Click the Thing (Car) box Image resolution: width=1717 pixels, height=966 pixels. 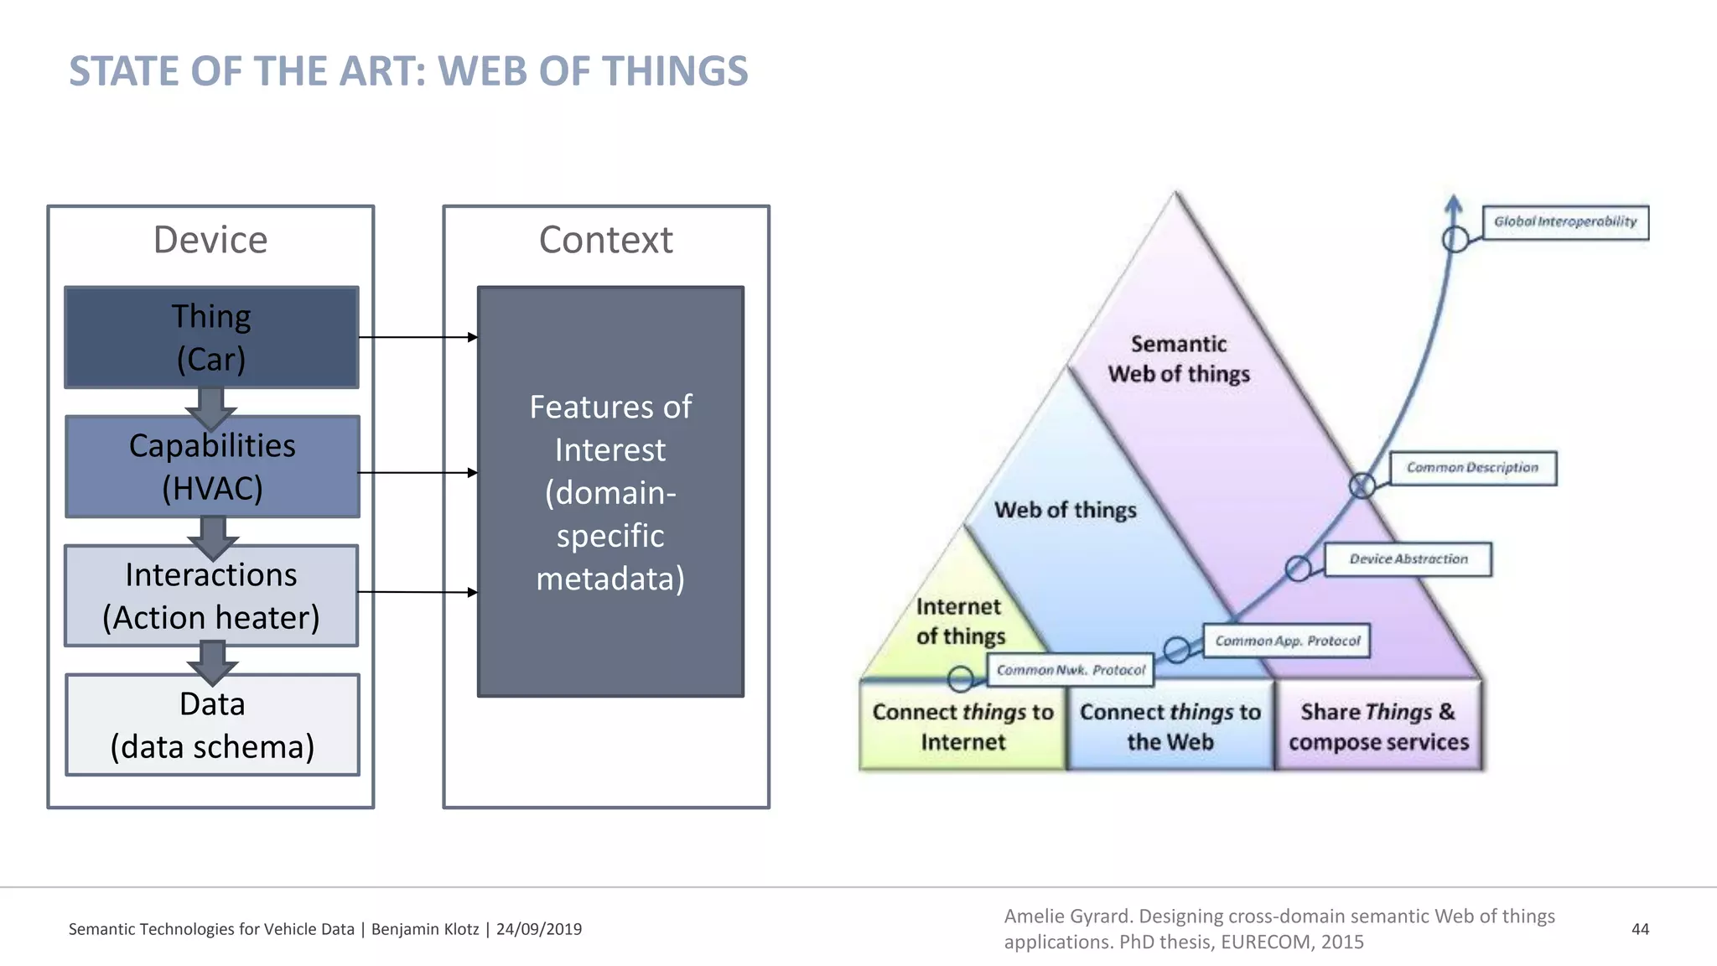[x=211, y=337]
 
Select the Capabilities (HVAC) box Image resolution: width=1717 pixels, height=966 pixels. [x=212, y=466]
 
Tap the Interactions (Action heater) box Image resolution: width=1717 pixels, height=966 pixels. [x=211, y=595]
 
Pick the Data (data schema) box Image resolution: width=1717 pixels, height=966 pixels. [x=212, y=724]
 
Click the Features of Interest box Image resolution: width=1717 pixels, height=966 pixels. [x=610, y=491]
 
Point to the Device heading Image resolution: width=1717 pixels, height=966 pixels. [x=210, y=240]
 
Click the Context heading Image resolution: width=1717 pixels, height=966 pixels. [x=605, y=240]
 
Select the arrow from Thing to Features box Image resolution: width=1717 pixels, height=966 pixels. [x=418, y=337]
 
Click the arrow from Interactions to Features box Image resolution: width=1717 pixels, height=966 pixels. [x=418, y=592]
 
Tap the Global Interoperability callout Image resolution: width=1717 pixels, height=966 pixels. [x=1564, y=222]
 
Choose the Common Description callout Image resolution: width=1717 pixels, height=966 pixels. [x=1472, y=468]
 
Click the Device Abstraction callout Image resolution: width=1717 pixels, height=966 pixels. [x=1408, y=559]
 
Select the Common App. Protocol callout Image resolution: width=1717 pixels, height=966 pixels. [x=1287, y=641]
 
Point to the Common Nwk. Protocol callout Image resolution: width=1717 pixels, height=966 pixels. [x=1071, y=670]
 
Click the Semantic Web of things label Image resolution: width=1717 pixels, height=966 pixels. [x=1179, y=359]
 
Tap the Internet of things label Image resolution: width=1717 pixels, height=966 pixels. [x=960, y=621]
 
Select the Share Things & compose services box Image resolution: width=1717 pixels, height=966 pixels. [x=1378, y=726]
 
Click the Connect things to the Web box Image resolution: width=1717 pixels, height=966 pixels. [x=1170, y=726]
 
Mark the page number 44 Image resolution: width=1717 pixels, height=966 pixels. [x=1640, y=929]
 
